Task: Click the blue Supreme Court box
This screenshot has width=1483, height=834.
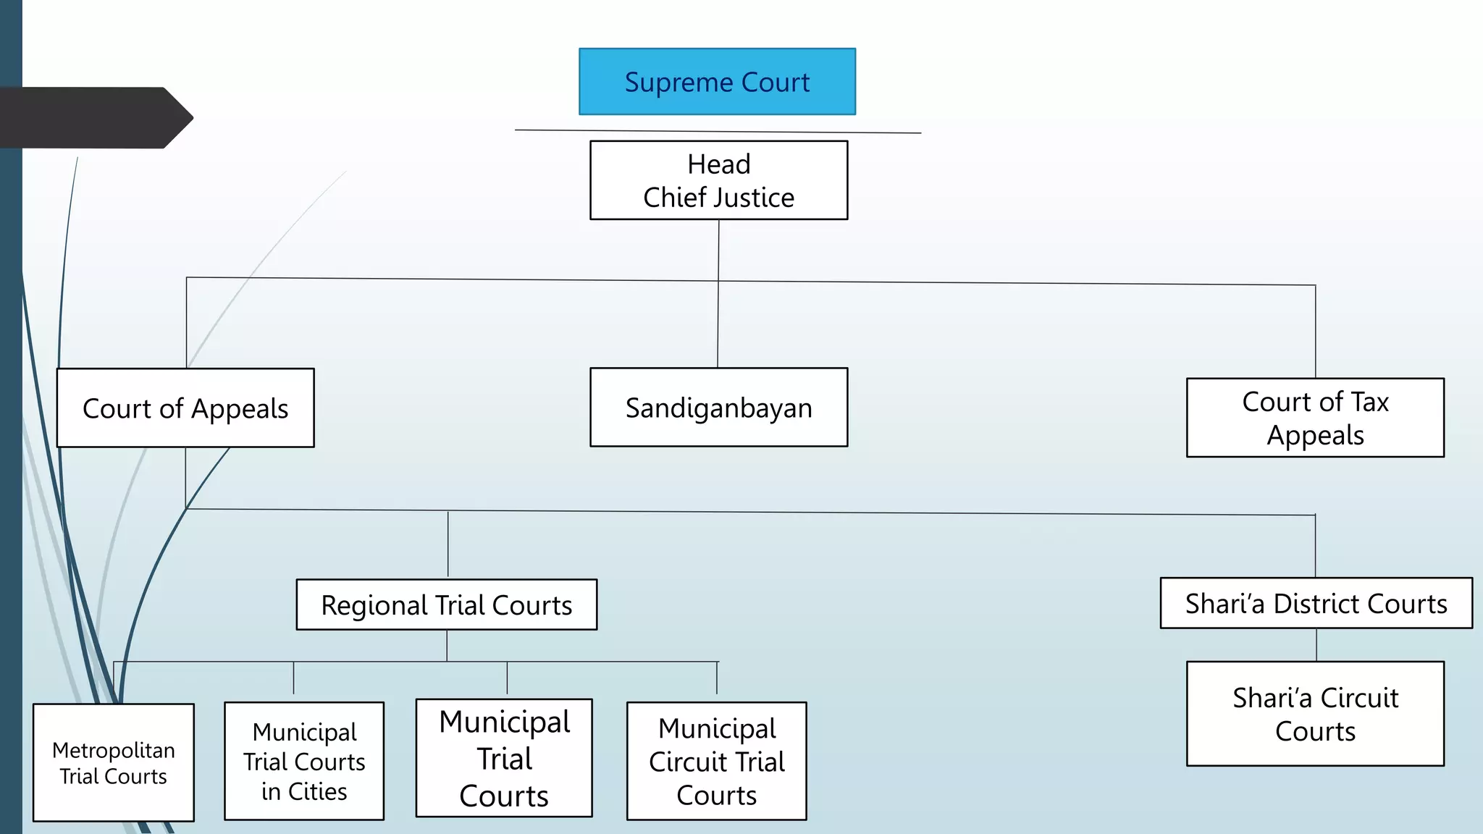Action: pyautogui.click(x=717, y=82)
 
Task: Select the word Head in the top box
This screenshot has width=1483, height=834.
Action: pyautogui.click(x=718, y=164)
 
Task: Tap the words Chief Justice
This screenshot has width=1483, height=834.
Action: pyautogui.click(x=718, y=198)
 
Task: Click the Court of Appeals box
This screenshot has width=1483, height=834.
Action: pyautogui.click(x=185, y=408)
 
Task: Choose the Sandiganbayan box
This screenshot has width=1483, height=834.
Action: pyautogui.click(x=718, y=408)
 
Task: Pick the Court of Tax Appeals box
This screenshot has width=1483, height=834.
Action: pyautogui.click(x=1315, y=418)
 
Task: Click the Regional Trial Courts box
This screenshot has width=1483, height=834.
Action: pyautogui.click(x=446, y=605)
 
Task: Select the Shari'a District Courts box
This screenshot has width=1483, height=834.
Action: pyautogui.click(x=1316, y=603)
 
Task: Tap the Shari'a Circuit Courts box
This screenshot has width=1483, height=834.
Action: pyautogui.click(x=1315, y=714)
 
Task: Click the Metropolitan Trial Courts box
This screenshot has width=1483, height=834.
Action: pyautogui.click(x=114, y=763)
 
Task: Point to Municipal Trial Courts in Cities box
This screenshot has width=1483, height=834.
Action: pyautogui.click(x=304, y=762)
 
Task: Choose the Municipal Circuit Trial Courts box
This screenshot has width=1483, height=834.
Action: pyautogui.click(x=716, y=762)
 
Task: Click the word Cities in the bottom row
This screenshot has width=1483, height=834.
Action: pyautogui.click(x=317, y=791)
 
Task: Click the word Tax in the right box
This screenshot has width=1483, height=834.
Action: pyautogui.click(x=1369, y=402)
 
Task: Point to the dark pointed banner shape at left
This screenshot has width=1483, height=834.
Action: pyautogui.click(x=94, y=118)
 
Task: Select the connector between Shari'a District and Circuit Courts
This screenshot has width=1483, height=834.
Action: pyautogui.click(x=1316, y=644)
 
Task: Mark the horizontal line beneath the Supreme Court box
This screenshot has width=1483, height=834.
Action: pyautogui.click(x=717, y=131)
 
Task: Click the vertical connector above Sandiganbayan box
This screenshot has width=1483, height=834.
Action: pyautogui.click(x=718, y=326)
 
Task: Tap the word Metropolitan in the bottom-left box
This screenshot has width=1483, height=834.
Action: pyautogui.click(x=114, y=750)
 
